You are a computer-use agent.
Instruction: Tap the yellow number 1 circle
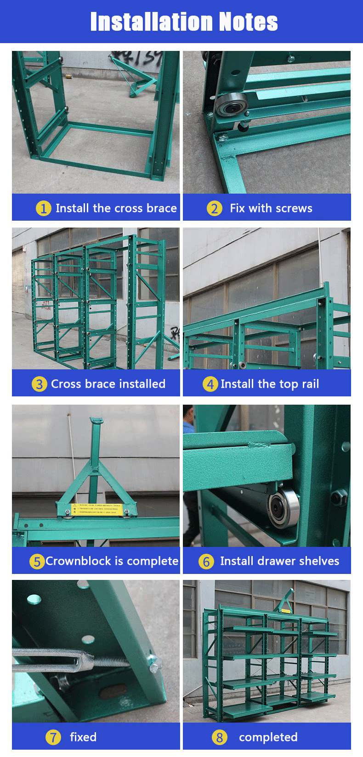click(x=43, y=208)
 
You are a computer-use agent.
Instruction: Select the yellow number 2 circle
click(x=214, y=208)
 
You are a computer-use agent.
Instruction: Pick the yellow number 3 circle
click(x=39, y=384)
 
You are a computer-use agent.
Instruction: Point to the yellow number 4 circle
click(x=210, y=384)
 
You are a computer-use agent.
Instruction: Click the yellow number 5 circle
click(x=37, y=561)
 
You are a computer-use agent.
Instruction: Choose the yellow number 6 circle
click(x=206, y=561)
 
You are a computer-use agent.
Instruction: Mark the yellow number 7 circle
click(x=53, y=737)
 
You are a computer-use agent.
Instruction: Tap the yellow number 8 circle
click(x=219, y=737)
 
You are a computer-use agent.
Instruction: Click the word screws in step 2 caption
click(x=294, y=208)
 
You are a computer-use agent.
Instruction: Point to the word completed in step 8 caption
click(x=268, y=737)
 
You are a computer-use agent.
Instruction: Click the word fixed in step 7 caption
click(x=83, y=737)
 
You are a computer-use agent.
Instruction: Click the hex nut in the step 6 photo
click(x=339, y=496)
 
